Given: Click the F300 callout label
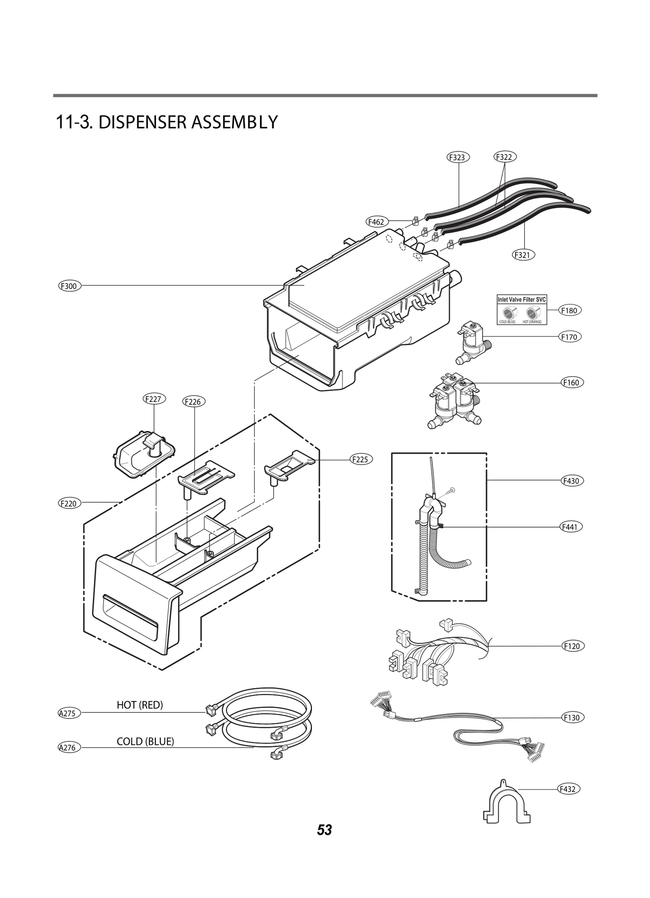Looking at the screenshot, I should [69, 286].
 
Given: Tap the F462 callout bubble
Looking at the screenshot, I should [377, 222].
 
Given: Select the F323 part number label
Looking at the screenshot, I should [458, 157].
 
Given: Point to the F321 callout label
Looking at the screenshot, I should [523, 255].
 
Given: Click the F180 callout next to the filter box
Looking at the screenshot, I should [570, 310].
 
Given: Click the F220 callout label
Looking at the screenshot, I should [69, 503].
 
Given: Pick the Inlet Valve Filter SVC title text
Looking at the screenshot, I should [522, 300].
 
